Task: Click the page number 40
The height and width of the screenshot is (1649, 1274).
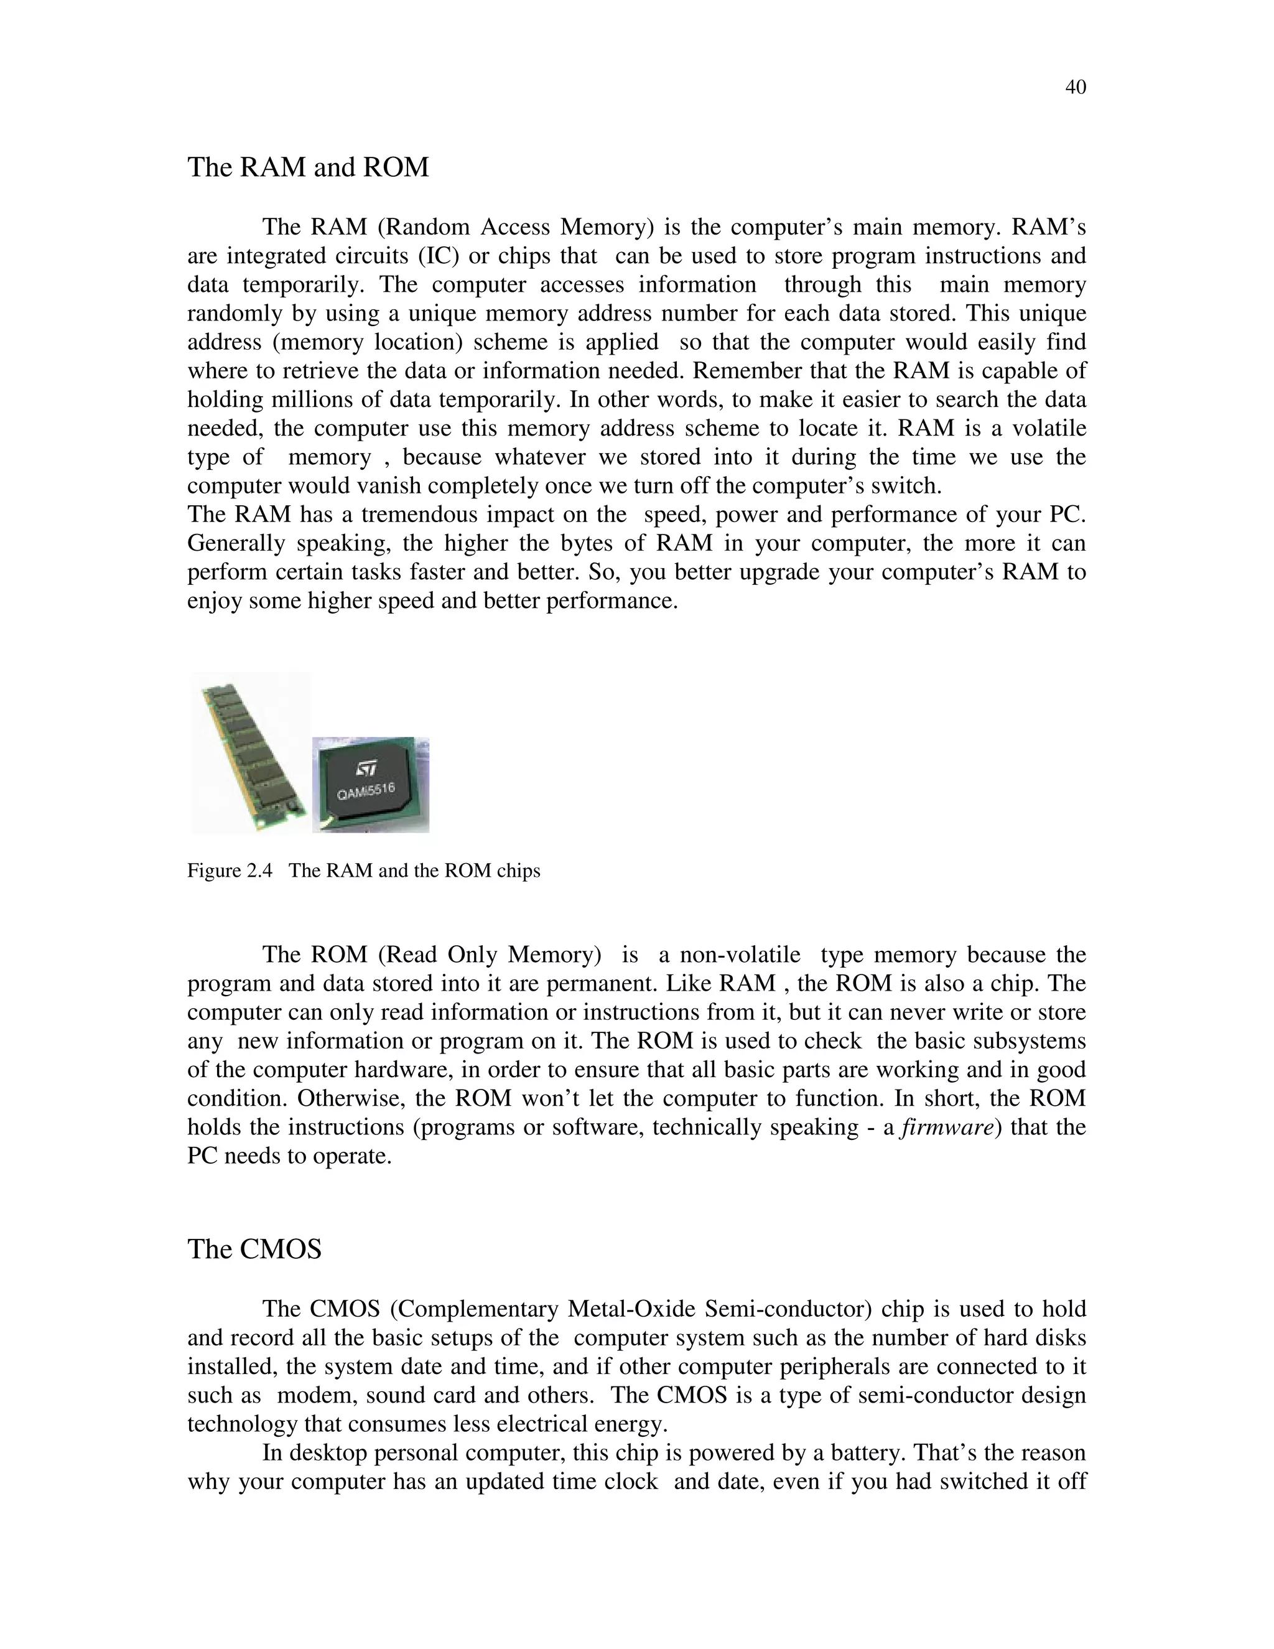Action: [1076, 88]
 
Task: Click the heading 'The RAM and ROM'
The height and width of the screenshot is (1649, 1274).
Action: [308, 167]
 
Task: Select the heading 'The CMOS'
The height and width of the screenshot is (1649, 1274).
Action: [254, 1249]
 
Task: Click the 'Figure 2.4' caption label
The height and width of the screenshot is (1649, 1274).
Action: [230, 871]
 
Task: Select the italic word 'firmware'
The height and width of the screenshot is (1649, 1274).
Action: [948, 1128]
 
